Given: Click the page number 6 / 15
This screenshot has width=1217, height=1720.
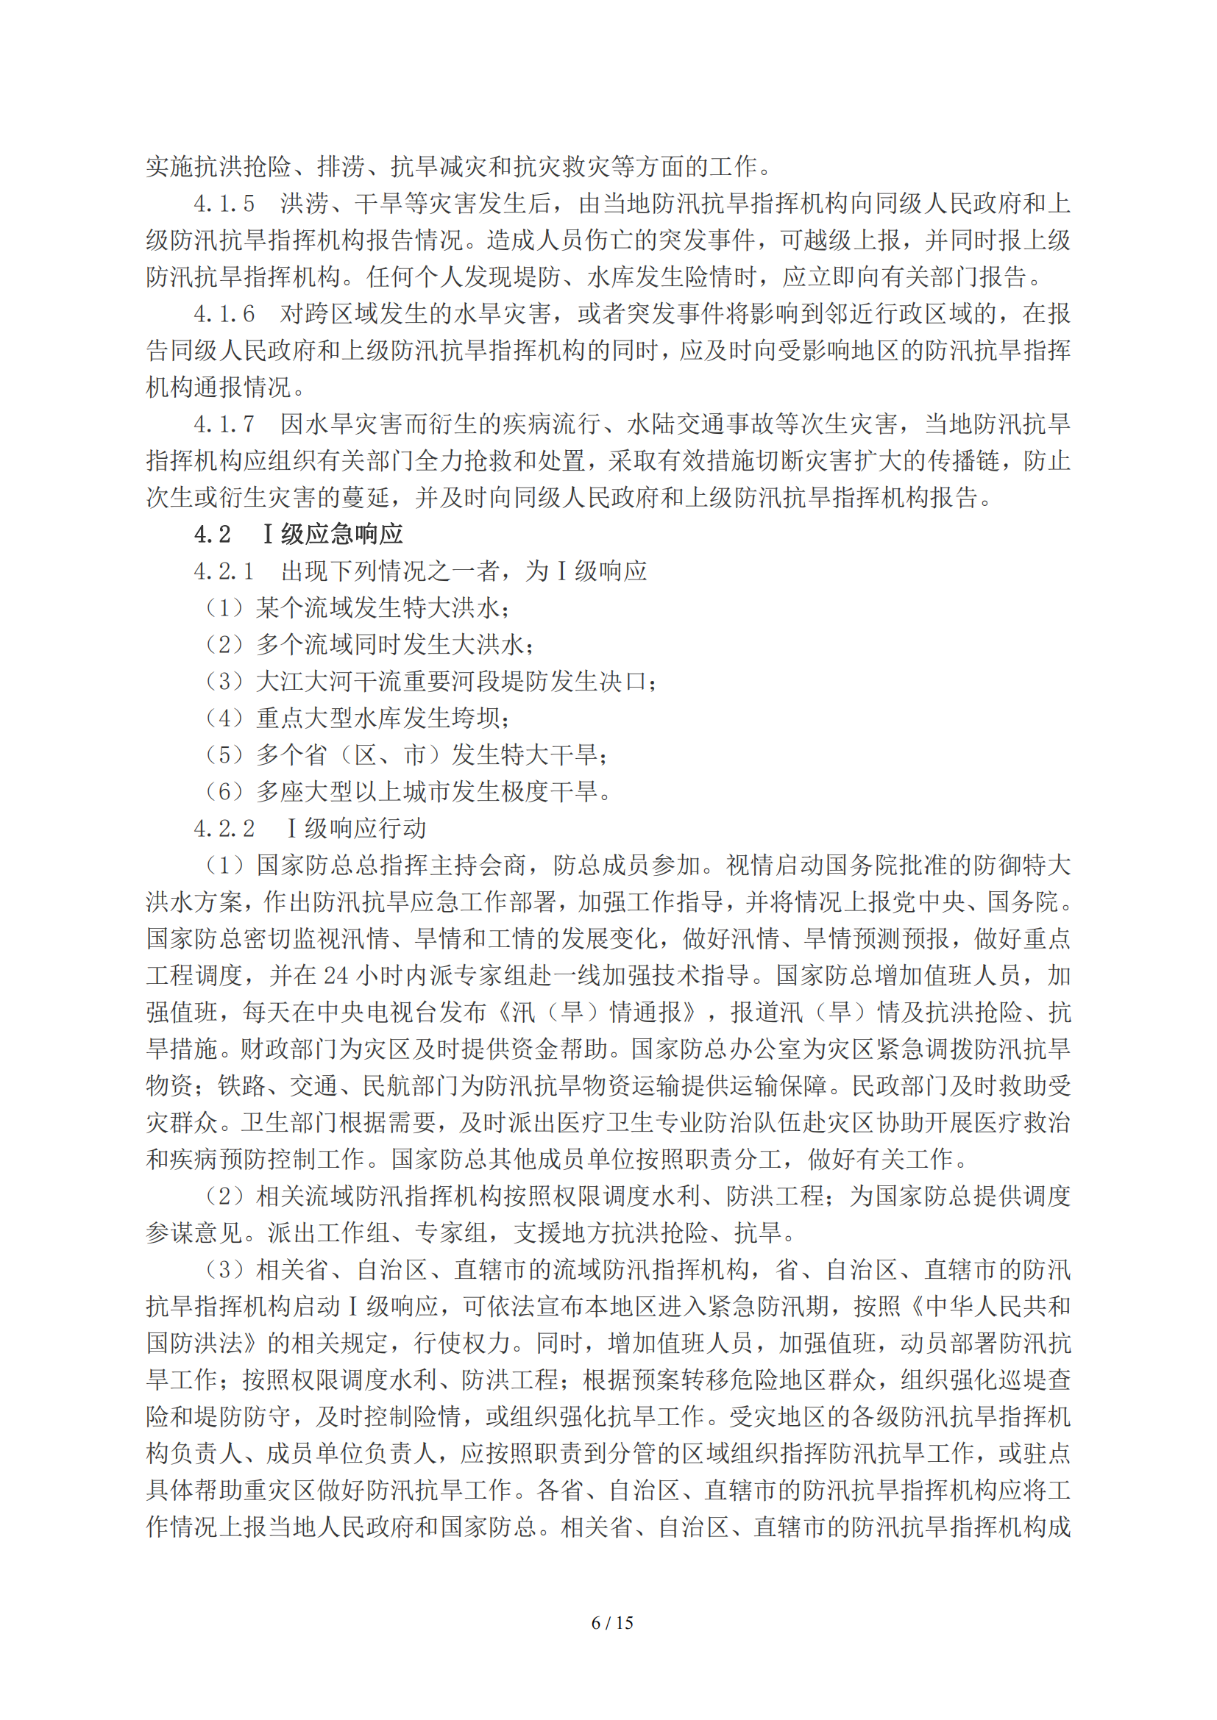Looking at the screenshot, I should (x=611, y=1623).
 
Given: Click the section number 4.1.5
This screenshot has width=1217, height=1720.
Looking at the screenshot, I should (x=224, y=204).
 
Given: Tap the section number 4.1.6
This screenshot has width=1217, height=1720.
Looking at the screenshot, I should (x=224, y=314).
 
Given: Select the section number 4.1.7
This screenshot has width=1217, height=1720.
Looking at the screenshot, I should (x=224, y=424).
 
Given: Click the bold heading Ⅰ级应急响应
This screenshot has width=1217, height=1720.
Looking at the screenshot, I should (x=333, y=534).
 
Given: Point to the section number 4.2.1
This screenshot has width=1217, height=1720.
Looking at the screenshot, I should (x=224, y=571).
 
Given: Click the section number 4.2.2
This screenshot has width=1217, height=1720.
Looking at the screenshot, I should (x=224, y=829).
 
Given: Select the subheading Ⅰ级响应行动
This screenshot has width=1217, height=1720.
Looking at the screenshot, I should (x=357, y=829).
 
